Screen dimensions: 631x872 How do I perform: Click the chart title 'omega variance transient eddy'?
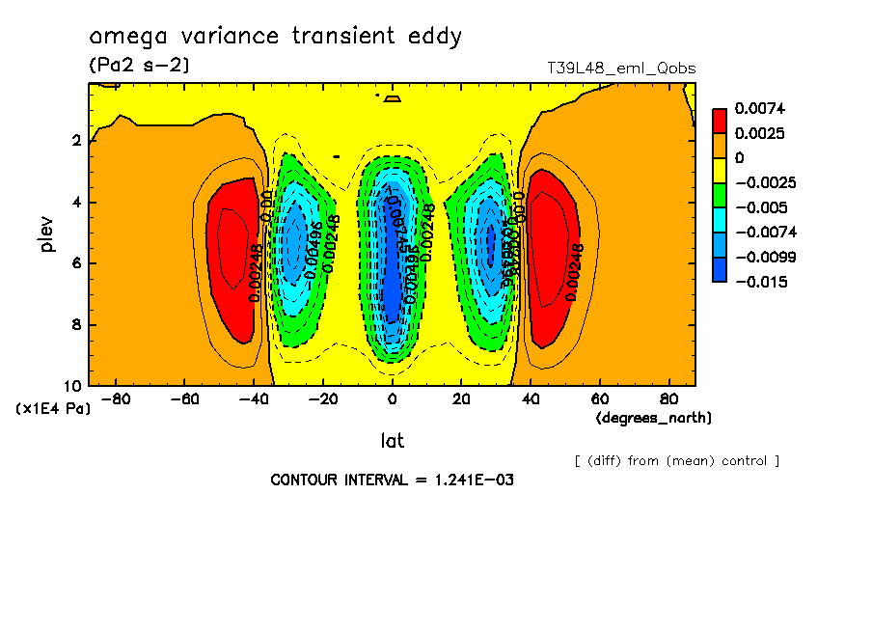tap(275, 38)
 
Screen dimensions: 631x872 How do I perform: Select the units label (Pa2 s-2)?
tap(139, 66)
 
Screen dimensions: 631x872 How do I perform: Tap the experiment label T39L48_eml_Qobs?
tap(620, 69)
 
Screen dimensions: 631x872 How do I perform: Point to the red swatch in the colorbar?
tap(720, 121)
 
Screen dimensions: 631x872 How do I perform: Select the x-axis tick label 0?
tap(392, 398)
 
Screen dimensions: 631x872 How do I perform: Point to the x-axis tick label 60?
tap(599, 398)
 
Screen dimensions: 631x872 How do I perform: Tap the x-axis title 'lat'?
tap(392, 441)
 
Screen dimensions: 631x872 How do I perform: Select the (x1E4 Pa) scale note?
tap(53, 409)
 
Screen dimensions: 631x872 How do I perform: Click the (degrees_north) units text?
tap(654, 418)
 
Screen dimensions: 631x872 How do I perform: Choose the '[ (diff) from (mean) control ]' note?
tap(676, 460)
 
